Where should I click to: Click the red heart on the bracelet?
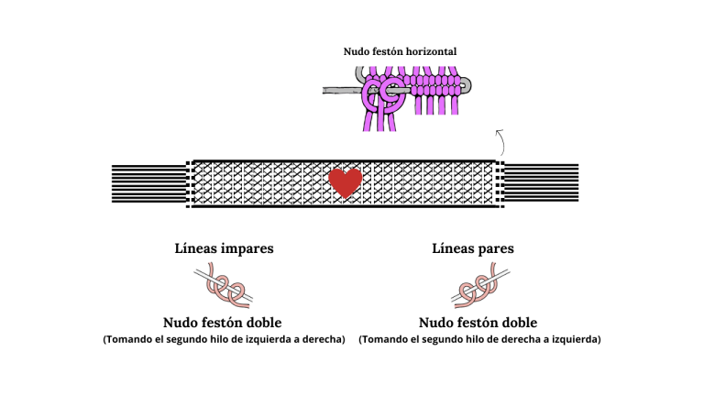(346, 182)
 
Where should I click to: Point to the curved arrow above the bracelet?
(501, 142)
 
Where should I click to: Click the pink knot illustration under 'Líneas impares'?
(223, 286)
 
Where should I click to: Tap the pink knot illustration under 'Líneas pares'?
(480, 286)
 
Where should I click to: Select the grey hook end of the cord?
(467, 85)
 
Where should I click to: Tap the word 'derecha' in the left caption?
(323, 339)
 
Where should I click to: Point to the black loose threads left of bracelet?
(149, 183)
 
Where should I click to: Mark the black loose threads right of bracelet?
(542, 182)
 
